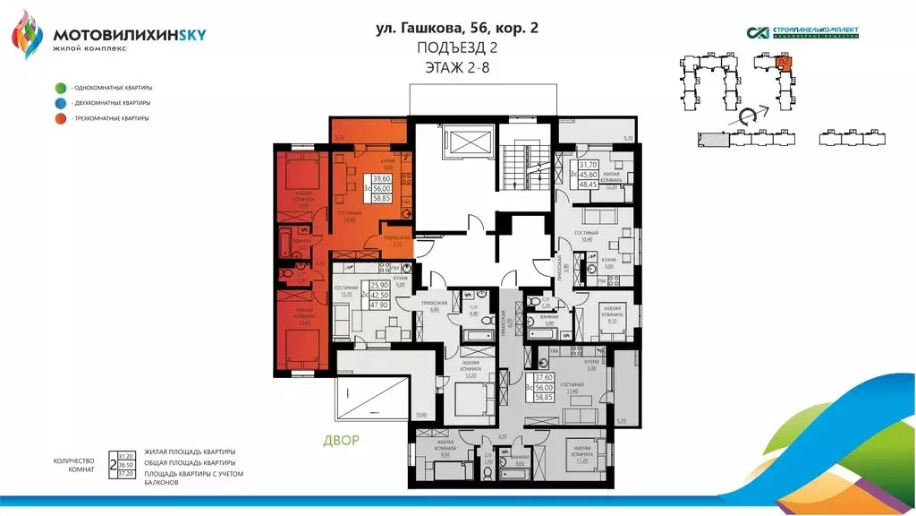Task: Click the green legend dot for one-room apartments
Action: pos(60,88)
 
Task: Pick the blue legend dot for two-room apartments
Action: pos(60,103)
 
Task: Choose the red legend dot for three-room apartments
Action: pos(60,118)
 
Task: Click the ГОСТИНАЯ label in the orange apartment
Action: pos(343,213)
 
